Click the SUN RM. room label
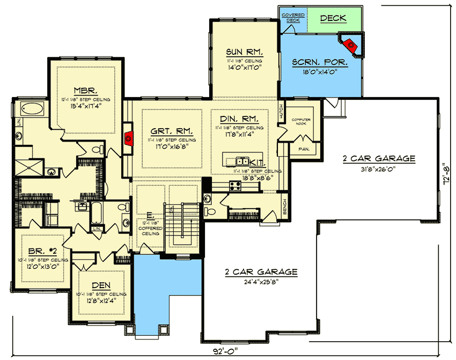pyautogui.click(x=244, y=52)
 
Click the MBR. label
pyautogui.click(x=86, y=90)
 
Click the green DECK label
pyautogui.click(x=333, y=18)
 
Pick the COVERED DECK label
pyautogui.click(x=293, y=17)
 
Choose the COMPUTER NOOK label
pyautogui.click(x=301, y=122)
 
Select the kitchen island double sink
pyautogui.click(x=242, y=160)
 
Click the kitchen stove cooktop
pyautogui.click(x=235, y=186)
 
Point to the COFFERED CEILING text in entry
pyautogui.click(x=152, y=230)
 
